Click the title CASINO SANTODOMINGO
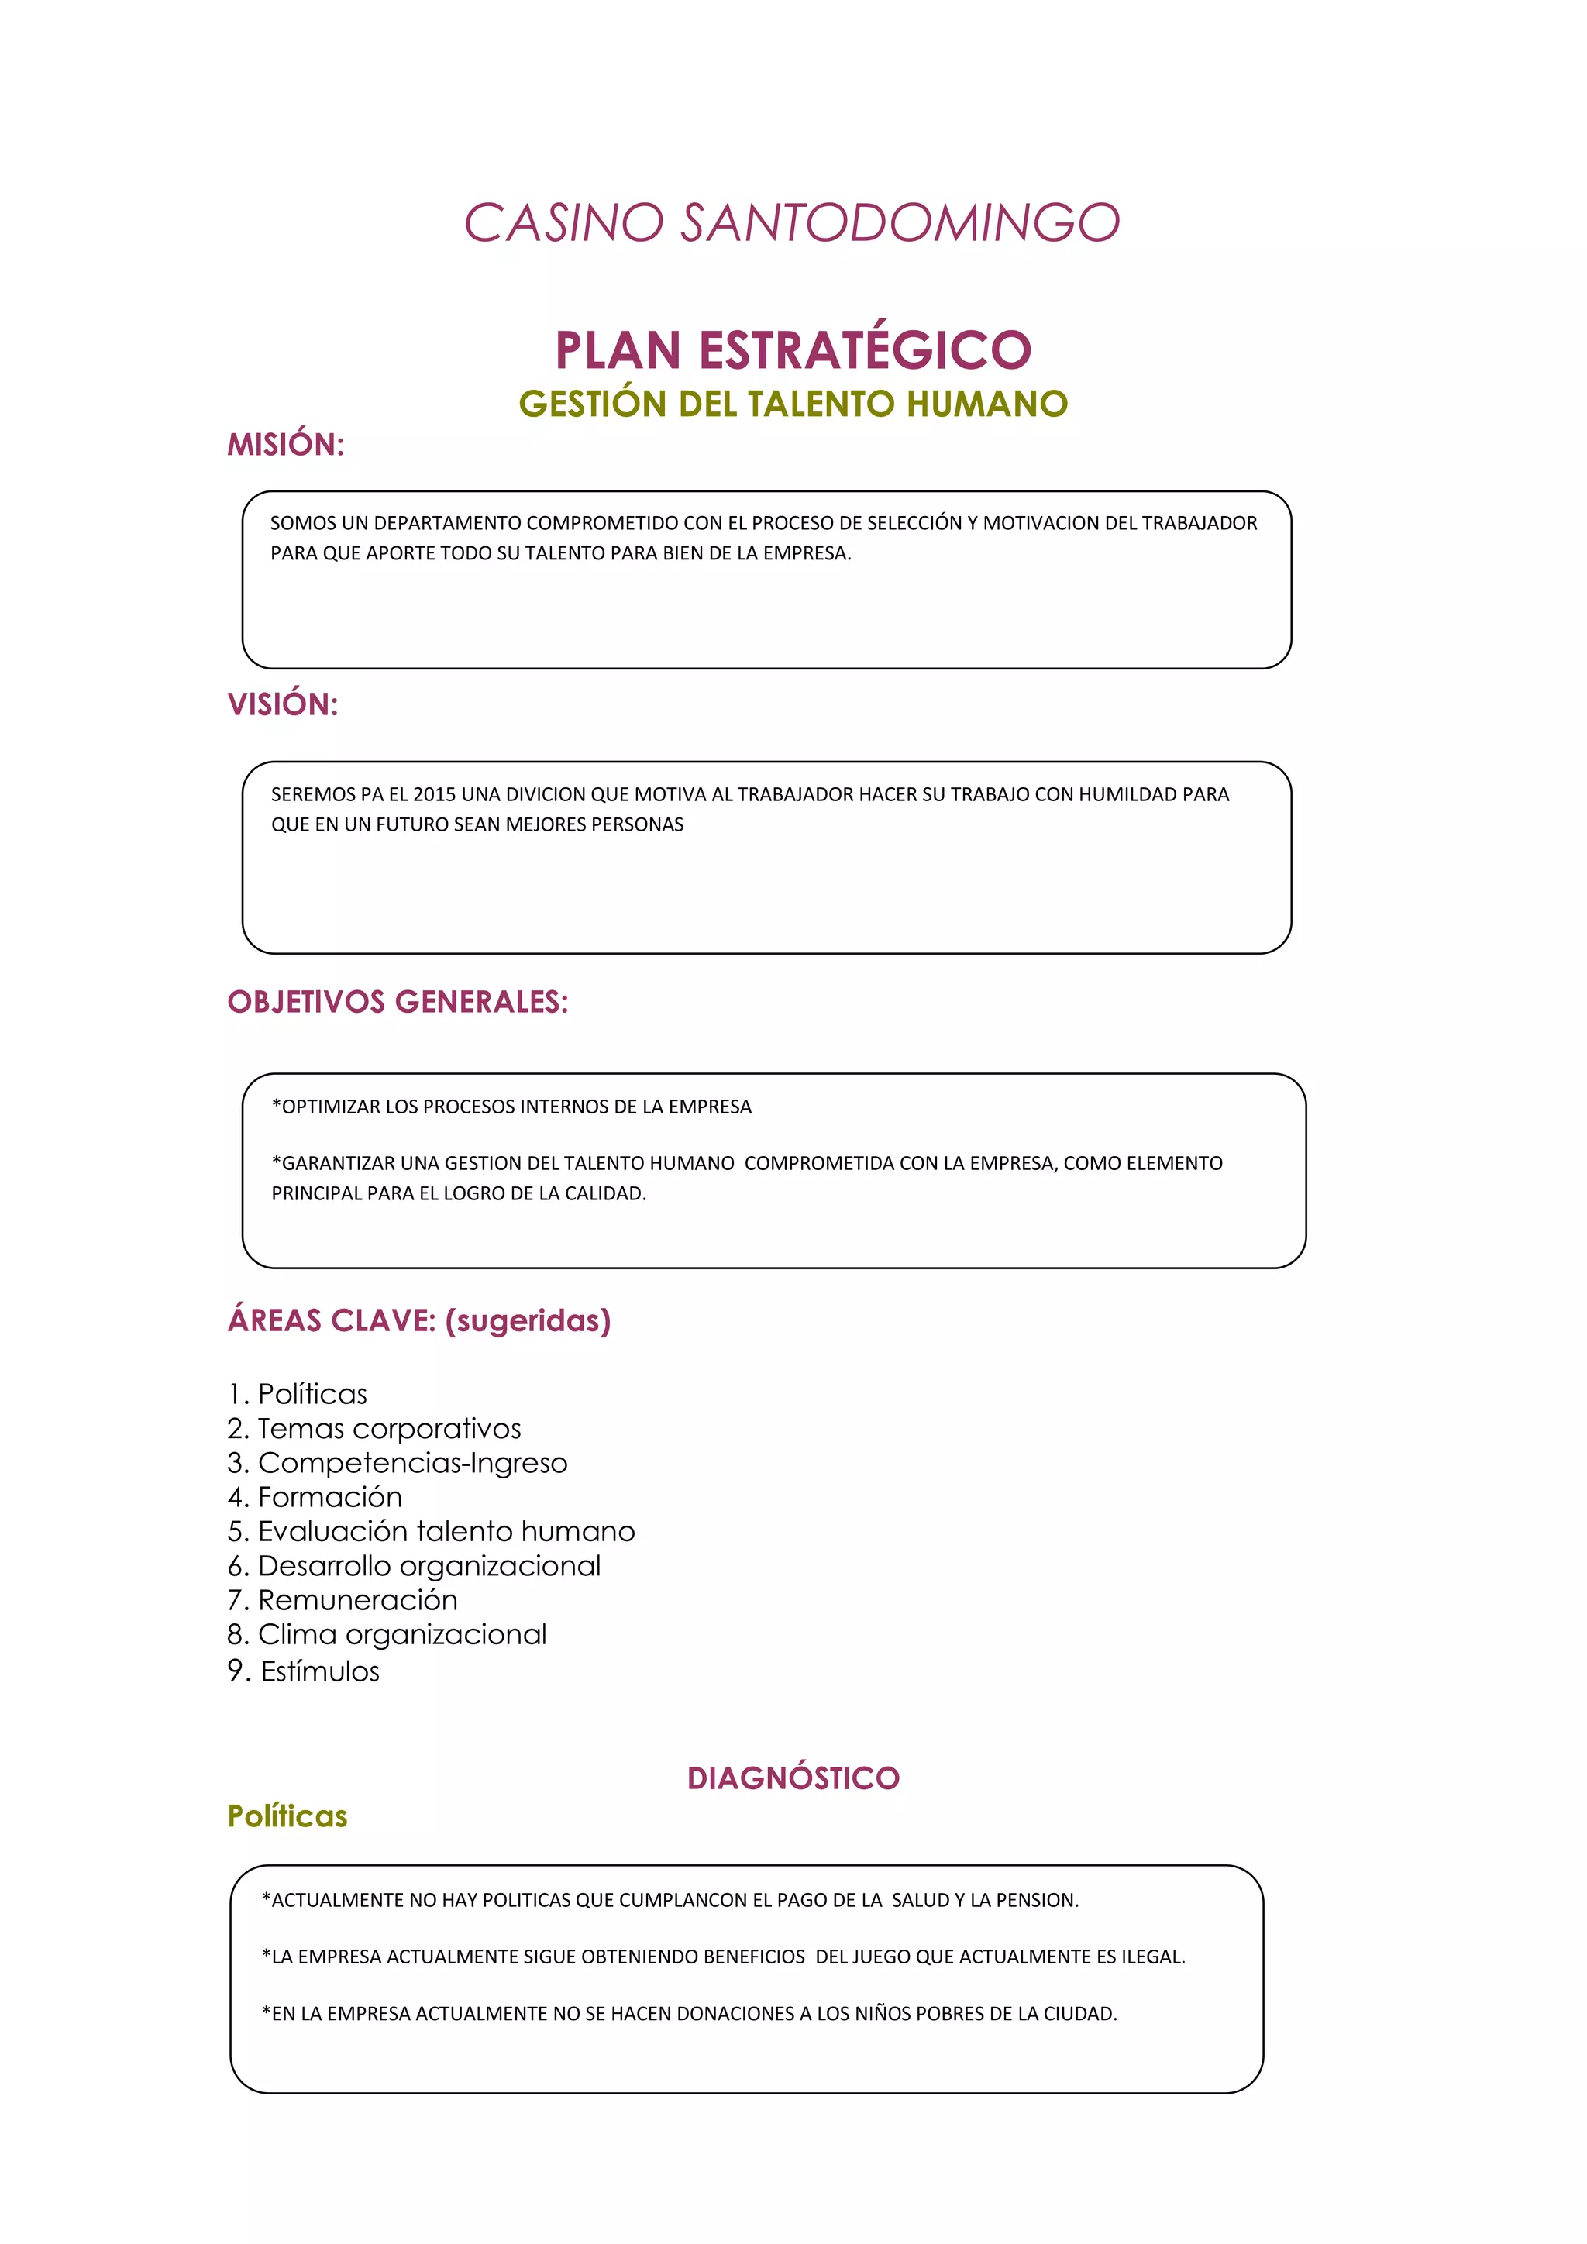pos(791,223)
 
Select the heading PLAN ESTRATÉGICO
pos(793,350)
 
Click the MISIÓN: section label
pos(285,445)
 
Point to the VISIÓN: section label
pos(282,704)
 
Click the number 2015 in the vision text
pos(434,794)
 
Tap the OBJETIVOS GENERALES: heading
pos(397,1002)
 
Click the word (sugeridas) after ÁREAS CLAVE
pos(528,1320)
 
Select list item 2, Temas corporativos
pos(374,1429)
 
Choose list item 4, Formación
pos(315,1497)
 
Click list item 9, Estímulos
pos(304,1671)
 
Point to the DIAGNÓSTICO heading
pos(793,1778)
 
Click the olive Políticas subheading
pos(287,1816)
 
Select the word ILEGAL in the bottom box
pos(1152,1957)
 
